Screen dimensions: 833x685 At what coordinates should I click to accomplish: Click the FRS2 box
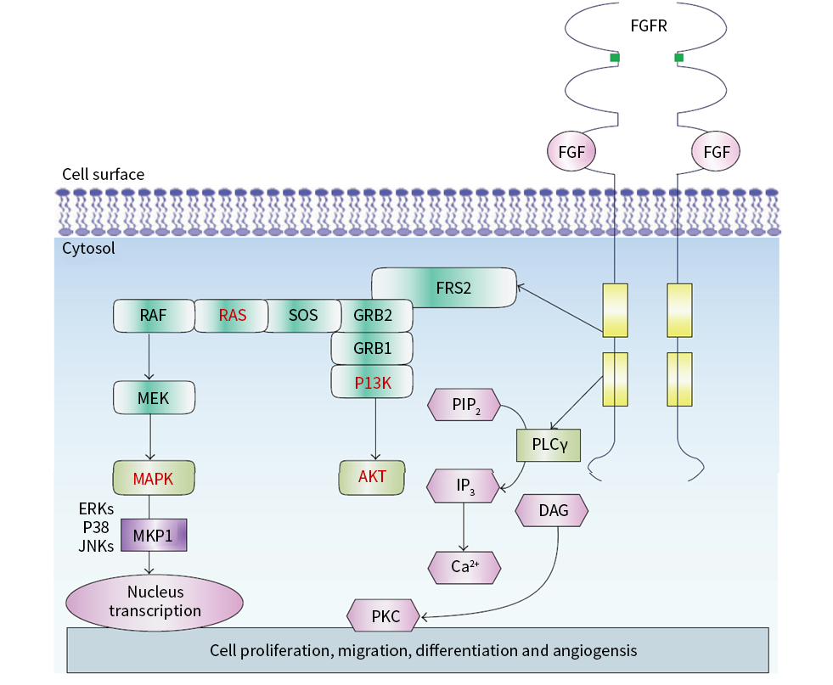[x=443, y=287]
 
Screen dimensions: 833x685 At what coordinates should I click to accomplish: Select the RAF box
[x=154, y=316]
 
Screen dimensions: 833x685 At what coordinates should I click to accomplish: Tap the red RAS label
[x=233, y=316]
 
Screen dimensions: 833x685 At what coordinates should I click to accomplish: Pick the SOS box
[x=303, y=316]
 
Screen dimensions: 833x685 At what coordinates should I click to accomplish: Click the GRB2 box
[x=373, y=316]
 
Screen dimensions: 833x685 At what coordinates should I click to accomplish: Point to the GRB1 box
[x=372, y=348]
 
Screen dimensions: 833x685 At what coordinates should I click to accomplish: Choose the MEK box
[x=154, y=398]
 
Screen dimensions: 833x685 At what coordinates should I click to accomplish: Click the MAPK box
[x=154, y=478]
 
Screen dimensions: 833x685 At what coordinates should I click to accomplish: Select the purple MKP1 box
[x=154, y=535]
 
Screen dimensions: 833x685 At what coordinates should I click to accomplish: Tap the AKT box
[x=372, y=477]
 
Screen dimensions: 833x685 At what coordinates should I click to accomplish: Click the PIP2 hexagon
[x=464, y=405]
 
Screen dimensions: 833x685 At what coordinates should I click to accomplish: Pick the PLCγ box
[x=549, y=445]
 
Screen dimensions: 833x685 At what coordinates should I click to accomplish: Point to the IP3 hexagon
[x=464, y=486]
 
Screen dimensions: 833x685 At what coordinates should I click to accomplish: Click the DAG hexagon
[x=552, y=510]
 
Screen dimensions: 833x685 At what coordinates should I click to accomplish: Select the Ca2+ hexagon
[x=464, y=568]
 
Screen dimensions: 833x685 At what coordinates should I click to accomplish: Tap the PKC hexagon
[x=383, y=616]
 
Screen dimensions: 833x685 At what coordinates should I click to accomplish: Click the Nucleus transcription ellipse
[x=155, y=603]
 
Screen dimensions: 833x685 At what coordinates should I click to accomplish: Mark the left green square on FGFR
[x=615, y=58]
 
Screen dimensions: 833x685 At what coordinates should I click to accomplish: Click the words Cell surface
[x=103, y=174]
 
